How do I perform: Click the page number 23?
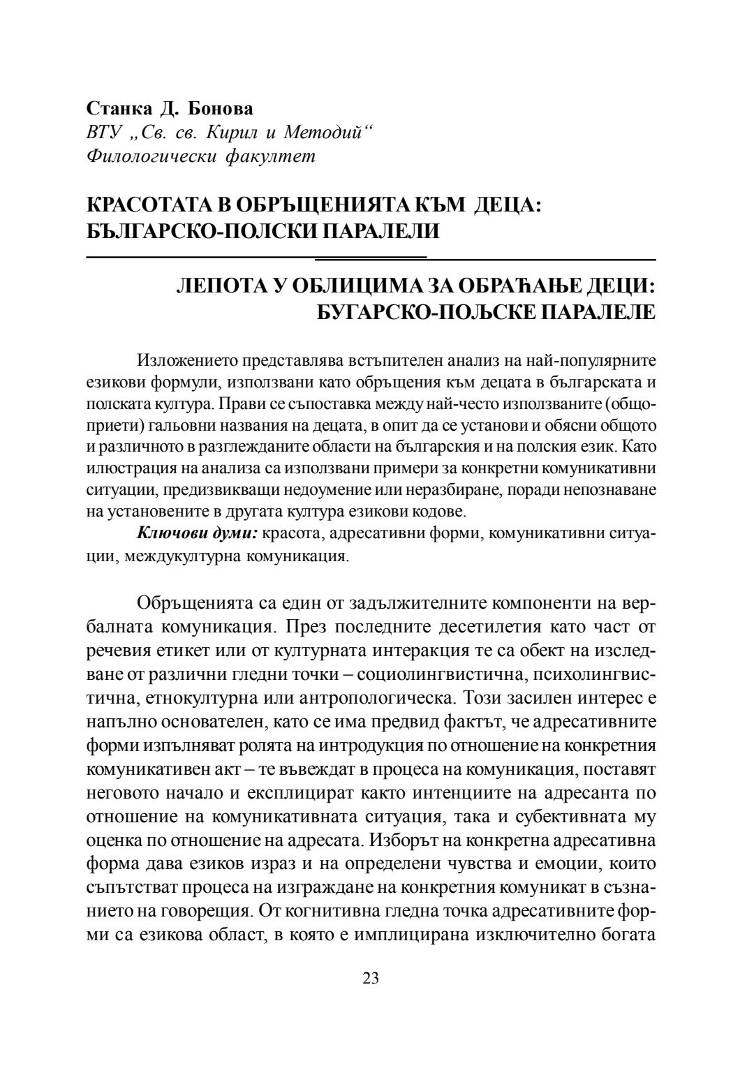[371, 978]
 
